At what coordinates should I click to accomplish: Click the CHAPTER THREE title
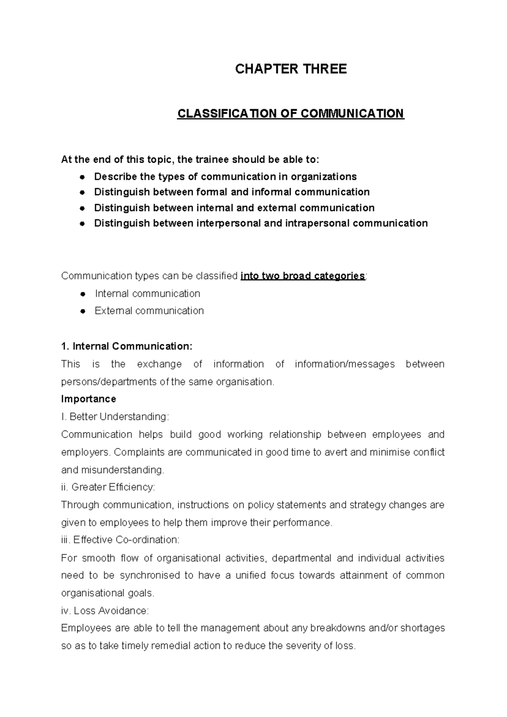click(291, 69)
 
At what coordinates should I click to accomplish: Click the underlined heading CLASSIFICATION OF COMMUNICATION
click(291, 114)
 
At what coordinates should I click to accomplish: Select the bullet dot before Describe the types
click(83, 177)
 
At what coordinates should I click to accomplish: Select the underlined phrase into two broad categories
click(303, 276)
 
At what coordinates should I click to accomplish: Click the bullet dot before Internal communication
click(84, 294)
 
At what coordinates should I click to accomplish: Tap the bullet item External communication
click(149, 311)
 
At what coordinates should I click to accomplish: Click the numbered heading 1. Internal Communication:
click(127, 346)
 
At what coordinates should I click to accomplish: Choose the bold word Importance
click(89, 399)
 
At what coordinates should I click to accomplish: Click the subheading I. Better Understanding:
click(115, 417)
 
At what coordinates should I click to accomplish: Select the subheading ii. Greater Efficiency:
click(108, 487)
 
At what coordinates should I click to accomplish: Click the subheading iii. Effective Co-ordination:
click(120, 540)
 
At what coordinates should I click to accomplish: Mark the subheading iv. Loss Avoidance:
click(105, 611)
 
